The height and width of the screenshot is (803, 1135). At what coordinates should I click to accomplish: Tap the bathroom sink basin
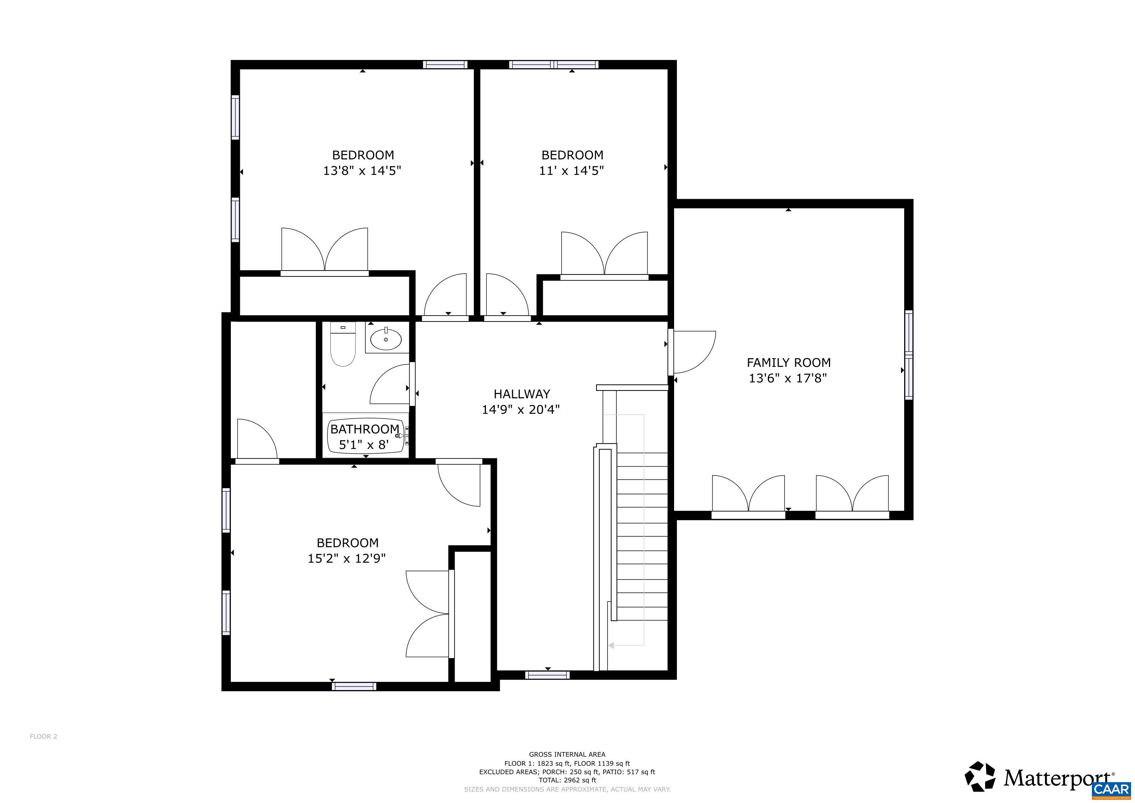coord(386,339)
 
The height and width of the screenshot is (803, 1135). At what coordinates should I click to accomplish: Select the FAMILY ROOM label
coord(788,362)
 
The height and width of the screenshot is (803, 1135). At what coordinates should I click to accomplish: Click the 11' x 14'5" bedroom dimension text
coord(571,171)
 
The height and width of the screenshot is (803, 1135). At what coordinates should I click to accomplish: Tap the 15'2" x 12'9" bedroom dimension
coord(346,558)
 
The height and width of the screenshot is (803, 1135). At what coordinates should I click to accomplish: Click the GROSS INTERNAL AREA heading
coord(567,754)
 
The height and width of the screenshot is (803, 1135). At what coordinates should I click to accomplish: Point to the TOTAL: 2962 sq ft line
coord(567,780)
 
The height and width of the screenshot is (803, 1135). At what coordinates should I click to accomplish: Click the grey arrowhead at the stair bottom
coord(611,645)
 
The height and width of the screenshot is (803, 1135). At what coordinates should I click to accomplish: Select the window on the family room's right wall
coord(908,354)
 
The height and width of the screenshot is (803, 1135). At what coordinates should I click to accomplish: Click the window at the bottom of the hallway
coord(547,675)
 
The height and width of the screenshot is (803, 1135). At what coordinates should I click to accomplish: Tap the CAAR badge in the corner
coord(1112,788)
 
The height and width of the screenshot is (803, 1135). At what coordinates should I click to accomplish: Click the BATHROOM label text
coord(364,429)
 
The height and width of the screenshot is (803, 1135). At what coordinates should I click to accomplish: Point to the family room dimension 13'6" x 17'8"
coord(788,378)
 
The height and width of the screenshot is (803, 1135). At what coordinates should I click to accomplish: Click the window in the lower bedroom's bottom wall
coord(354,686)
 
